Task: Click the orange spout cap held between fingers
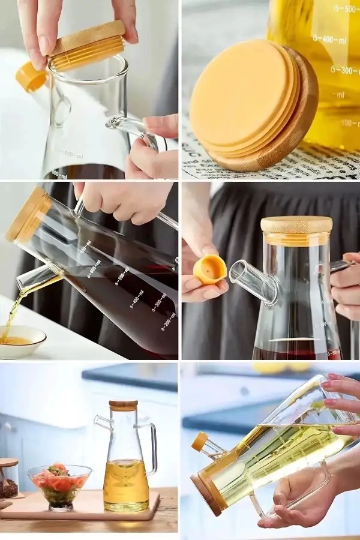209,269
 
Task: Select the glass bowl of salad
59,485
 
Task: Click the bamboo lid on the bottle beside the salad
123,406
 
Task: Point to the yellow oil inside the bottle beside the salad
125,483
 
